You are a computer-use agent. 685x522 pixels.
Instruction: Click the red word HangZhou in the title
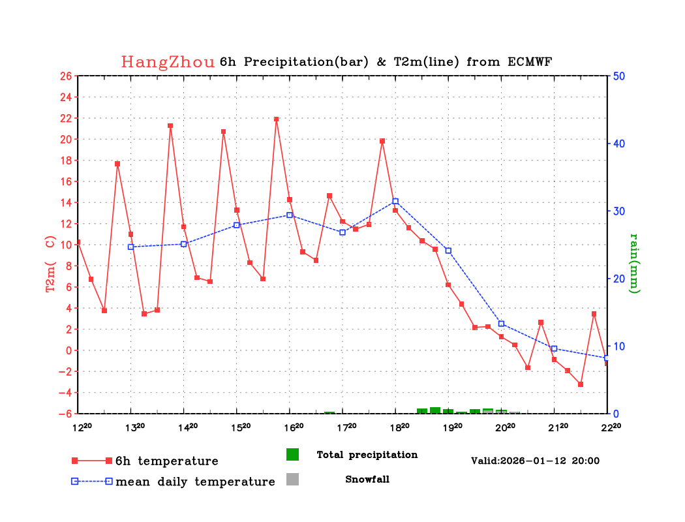coord(168,62)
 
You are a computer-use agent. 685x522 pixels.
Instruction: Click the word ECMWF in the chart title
coord(530,61)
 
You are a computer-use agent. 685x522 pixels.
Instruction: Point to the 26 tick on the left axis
coord(66,76)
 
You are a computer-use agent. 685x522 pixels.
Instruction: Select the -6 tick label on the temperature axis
coord(65,414)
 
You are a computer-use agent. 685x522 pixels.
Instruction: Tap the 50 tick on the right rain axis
coord(619,76)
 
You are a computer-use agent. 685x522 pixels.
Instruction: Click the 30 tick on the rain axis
coord(619,211)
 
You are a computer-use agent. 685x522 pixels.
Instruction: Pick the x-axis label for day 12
coord(82,427)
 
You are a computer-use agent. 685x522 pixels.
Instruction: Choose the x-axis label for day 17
coord(346,427)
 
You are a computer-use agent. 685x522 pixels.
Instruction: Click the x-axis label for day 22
coord(611,427)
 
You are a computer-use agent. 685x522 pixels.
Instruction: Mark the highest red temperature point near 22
coord(276,119)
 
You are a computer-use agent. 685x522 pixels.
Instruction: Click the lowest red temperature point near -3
coord(581,384)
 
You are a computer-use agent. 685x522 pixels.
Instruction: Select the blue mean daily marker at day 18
coord(395,202)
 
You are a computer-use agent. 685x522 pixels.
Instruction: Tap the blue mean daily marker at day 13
coord(130,247)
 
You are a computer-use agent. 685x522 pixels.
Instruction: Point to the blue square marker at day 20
coord(502,324)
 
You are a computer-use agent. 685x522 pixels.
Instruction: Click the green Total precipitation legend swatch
coord(293,454)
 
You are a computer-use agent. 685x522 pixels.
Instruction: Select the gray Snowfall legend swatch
coord(293,479)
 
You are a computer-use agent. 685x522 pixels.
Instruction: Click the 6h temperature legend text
coord(167,461)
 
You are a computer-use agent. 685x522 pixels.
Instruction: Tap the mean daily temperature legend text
coord(195,482)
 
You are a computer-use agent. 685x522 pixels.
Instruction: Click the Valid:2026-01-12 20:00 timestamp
coord(535,461)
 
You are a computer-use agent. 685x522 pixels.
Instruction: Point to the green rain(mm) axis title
coord(634,264)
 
